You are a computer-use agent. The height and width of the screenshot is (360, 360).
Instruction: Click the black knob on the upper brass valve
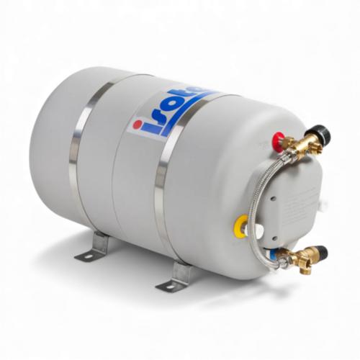point(315,132)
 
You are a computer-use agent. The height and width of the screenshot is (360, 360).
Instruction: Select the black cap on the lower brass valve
point(318,253)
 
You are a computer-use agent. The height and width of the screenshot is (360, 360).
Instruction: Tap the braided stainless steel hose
point(273,205)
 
